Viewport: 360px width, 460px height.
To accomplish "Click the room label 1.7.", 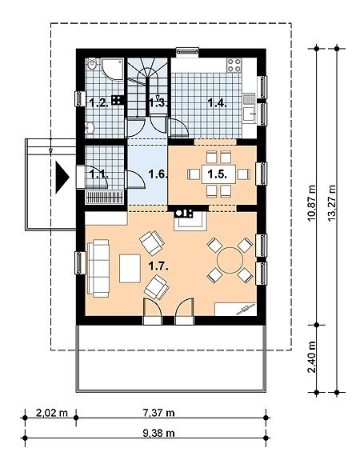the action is click(x=158, y=266).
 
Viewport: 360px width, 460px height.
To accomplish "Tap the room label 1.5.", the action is click(x=217, y=174).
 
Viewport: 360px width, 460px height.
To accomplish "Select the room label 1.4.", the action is click(x=217, y=102).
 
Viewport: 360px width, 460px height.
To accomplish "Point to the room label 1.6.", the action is click(x=158, y=174).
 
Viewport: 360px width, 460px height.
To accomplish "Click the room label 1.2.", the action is click(x=99, y=103).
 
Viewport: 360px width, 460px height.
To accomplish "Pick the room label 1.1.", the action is click(x=99, y=174).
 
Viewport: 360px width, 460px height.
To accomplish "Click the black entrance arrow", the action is click(x=62, y=178).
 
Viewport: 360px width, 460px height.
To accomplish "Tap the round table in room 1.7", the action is click(x=230, y=260).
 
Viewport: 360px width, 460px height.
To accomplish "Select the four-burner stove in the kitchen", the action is click(x=234, y=66).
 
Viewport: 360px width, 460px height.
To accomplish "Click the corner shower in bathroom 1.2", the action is click(x=112, y=68).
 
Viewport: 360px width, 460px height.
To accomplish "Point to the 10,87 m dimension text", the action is click(x=312, y=203).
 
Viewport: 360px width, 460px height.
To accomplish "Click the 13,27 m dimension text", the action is click(x=332, y=203).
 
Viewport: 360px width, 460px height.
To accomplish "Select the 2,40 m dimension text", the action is click(x=312, y=357).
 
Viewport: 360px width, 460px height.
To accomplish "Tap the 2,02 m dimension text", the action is click(x=52, y=413).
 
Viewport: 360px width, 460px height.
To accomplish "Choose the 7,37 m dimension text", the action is click(x=158, y=413).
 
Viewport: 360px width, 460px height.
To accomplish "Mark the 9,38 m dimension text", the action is click(x=158, y=433).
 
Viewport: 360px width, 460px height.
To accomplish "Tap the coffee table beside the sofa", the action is click(x=130, y=269).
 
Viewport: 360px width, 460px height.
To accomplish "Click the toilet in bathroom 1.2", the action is click(x=92, y=64).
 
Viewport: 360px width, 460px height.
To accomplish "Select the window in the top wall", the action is click(x=188, y=52).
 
